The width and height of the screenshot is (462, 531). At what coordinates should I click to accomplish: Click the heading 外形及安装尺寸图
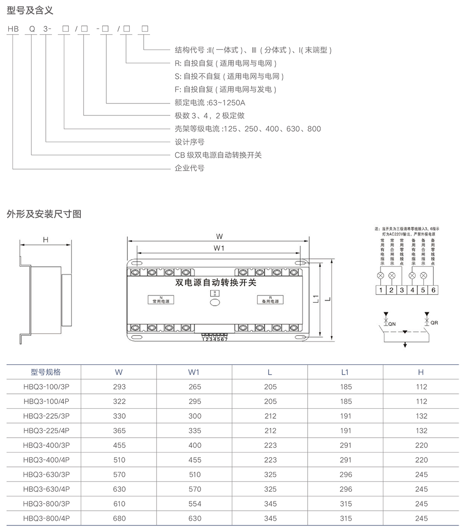tap(44, 214)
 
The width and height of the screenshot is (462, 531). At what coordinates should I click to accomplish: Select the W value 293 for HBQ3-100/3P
tap(119, 387)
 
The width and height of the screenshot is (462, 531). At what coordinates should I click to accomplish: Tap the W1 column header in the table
tap(195, 372)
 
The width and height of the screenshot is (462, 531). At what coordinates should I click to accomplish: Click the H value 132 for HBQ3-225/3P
tap(421, 416)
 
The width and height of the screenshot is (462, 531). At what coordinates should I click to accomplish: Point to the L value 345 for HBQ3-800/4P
tap(270, 518)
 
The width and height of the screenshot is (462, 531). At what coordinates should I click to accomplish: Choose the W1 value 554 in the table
tap(195, 504)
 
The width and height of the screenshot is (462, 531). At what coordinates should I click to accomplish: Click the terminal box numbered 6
tap(433, 290)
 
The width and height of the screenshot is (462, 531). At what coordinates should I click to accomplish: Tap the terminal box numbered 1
tap(380, 290)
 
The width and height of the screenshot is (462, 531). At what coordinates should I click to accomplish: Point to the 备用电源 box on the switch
tap(270, 300)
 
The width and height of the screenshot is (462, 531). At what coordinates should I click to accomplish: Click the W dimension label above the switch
tap(219, 236)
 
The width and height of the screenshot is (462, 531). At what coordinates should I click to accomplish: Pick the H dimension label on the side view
tap(45, 240)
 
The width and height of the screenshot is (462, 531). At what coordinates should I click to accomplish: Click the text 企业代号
tap(189, 168)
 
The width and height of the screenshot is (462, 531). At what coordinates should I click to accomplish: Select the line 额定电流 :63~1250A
tap(209, 103)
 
